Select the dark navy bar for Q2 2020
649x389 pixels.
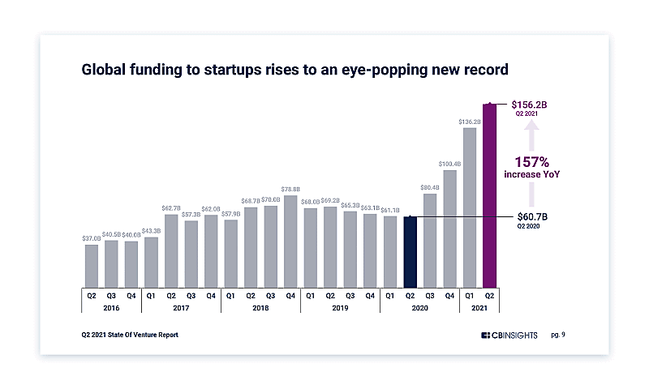(x=410, y=251)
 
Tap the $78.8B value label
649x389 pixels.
(x=290, y=190)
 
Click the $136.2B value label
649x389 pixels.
(x=470, y=122)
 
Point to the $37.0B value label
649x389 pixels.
(x=91, y=238)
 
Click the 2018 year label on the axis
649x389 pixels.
(x=260, y=308)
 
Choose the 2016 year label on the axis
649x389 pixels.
(x=110, y=308)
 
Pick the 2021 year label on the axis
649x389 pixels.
(x=479, y=308)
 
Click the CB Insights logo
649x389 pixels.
(x=509, y=335)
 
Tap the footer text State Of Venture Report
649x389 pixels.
(x=145, y=334)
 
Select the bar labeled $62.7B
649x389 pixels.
(x=171, y=250)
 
